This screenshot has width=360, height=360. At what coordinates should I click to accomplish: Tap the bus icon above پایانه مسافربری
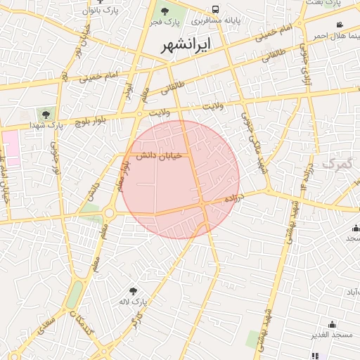(x=215, y=11)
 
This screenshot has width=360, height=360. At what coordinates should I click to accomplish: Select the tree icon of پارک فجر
(x=165, y=11)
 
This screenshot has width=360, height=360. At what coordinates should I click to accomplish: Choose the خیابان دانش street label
(x=159, y=155)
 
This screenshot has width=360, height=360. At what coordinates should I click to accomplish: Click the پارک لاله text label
(x=133, y=302)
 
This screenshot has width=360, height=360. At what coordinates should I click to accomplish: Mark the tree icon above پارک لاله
(x=134, y=290)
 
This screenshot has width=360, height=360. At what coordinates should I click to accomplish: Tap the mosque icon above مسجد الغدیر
(x=332, y=324)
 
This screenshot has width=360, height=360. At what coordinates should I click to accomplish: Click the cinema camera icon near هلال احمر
(x=340, y=25)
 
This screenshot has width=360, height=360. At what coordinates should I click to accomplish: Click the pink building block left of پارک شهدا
(x=12, y=144)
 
